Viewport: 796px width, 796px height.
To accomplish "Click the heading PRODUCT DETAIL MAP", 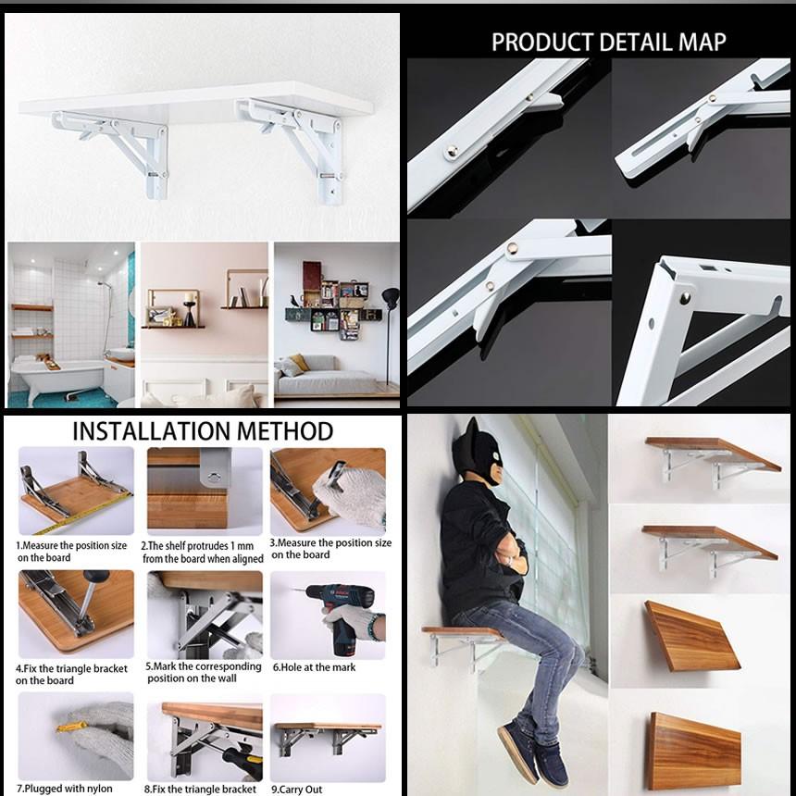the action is [x=608, y=42].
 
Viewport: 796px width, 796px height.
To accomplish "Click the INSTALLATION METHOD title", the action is [x=203, y=431].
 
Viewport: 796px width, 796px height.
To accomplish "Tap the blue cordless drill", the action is [x=343, y=616].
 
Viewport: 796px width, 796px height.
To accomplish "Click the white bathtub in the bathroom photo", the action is [x=58, y=376].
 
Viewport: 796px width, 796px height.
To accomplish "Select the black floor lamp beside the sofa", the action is [x=390, y=330].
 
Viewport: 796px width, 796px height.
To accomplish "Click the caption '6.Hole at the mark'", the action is [x=315, y=667].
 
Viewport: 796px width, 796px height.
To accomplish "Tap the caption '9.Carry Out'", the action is [x=297, y=789].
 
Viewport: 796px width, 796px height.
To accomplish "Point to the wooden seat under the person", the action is [x=462, y=632].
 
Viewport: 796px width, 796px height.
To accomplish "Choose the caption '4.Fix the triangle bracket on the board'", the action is [x=71, y=674].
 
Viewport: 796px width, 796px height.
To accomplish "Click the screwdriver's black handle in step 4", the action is [x=96, y=577].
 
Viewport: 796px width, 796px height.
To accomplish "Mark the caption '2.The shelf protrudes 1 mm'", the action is [x=197, y=546].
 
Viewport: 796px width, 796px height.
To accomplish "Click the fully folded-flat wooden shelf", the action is [x=694, y=752].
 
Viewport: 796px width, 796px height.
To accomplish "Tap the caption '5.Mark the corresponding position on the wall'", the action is [x=204, y=672].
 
